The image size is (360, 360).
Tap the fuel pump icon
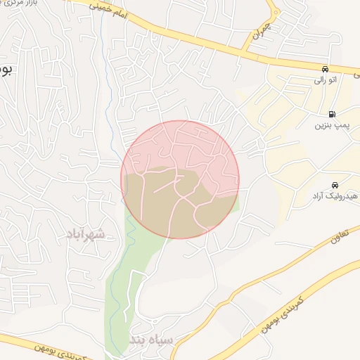coord(331,114)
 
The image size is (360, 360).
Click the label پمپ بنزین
coord(330,127)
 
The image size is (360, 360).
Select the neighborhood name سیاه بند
coord(150,341)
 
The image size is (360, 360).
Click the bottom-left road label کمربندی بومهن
coord(59,350)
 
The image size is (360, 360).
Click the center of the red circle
coord(180,179)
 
